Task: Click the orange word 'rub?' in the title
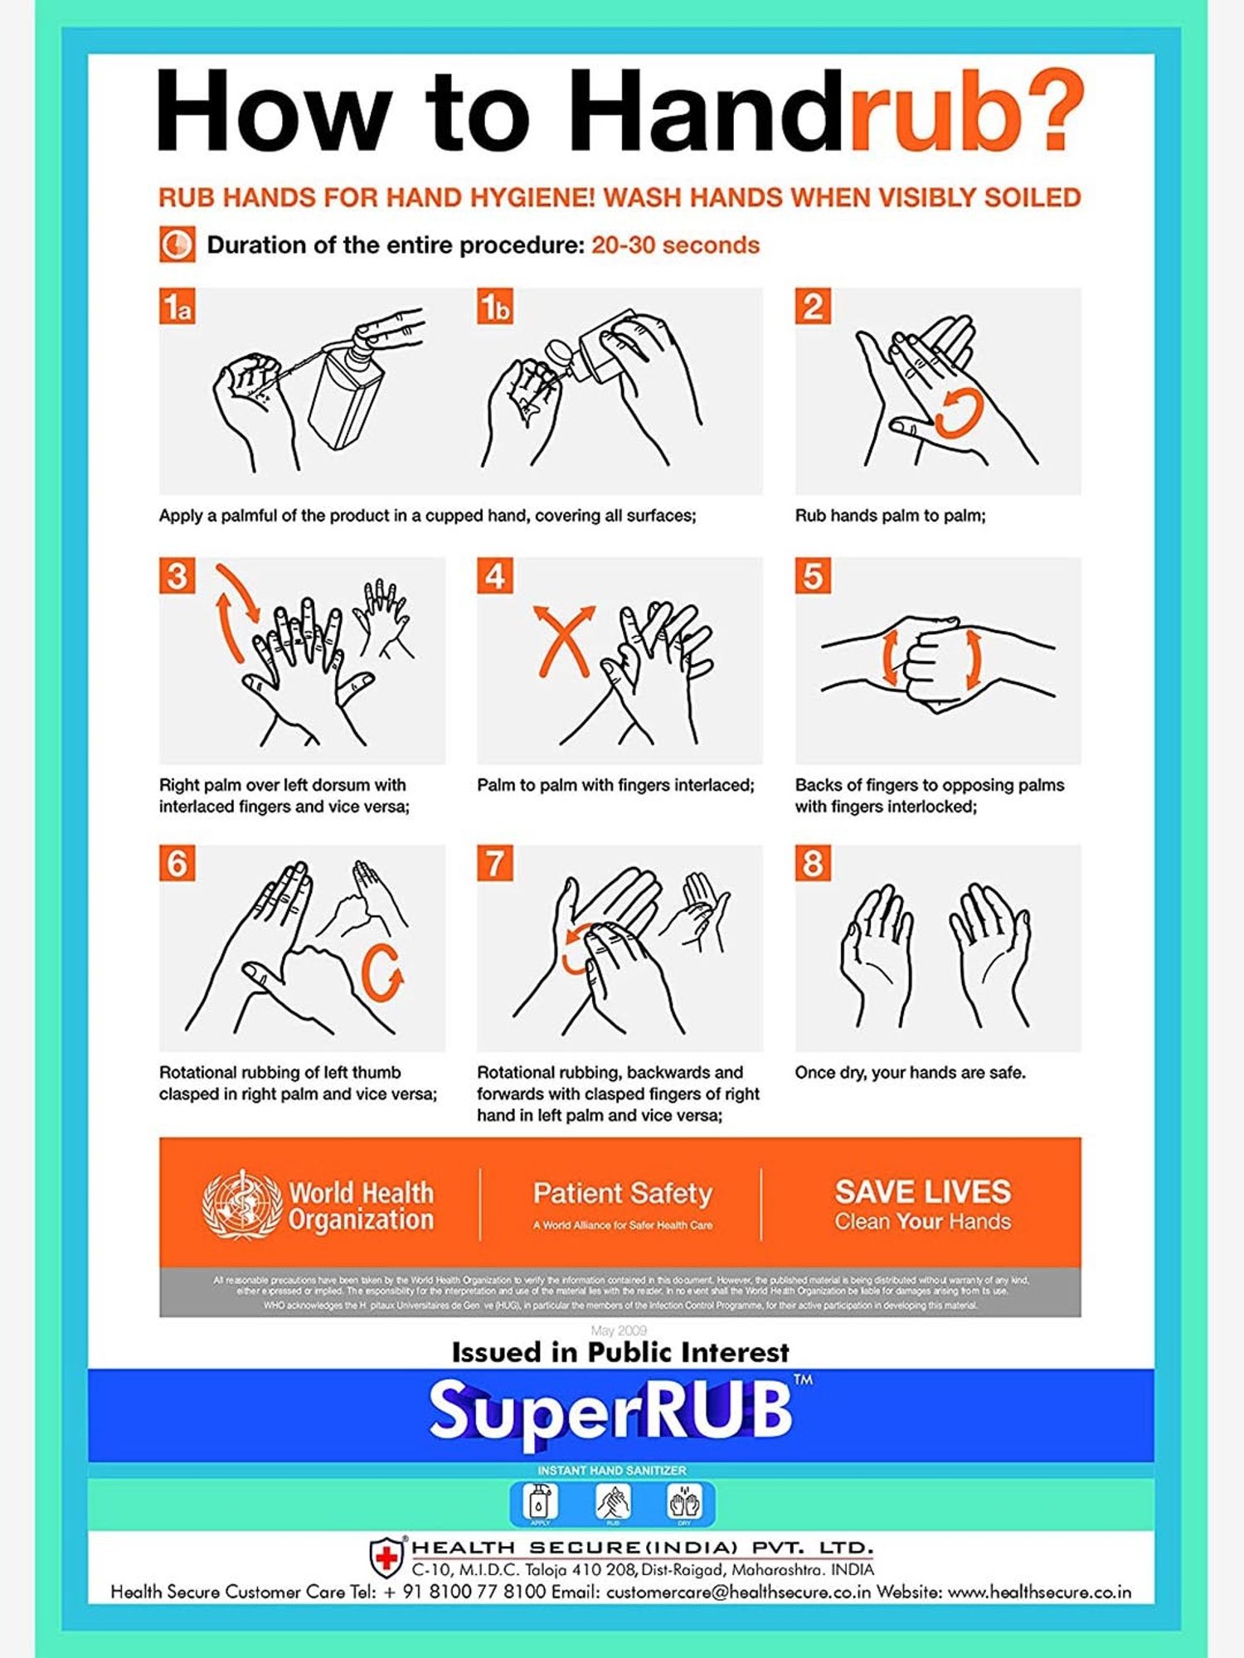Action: click(x=966, y=112)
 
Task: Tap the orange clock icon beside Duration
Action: click(x=177, y=245)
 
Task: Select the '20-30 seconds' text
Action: click(x=675, y=245)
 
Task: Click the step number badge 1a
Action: click(x=177, y=307)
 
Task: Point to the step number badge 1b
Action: click(x=495, y=307)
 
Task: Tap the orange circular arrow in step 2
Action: click(x=960, y=412)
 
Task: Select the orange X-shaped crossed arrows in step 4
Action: click(x=564, y=640)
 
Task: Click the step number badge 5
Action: click(x=813, y=576)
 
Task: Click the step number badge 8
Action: click(x=813, y=863)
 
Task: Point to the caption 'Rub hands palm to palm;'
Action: click(x=890, y=516)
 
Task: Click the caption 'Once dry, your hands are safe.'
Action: click(x=910, y=1073)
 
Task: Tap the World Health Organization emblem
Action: click(x=242, y=1205)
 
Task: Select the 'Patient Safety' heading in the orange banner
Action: click(x=622, y=1193)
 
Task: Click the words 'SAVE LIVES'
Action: click(x=922, y=1191)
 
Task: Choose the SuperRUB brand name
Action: click(x=611, y=1412)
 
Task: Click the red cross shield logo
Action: click(x=386, y=1557)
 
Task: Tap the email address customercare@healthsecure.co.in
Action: click(x=738, y=1593)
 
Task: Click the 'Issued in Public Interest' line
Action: click(x=620, y=1353)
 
